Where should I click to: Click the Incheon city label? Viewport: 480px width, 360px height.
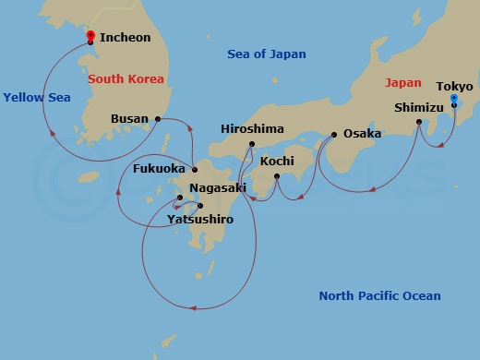pos(126,39)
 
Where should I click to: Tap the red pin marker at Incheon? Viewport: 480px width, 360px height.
pos(90,36)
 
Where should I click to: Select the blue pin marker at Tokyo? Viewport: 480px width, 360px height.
pos(453,98)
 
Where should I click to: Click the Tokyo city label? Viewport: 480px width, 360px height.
pos(455,86)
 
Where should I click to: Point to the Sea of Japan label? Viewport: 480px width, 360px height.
pos(266,54)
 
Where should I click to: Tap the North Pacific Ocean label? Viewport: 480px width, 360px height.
pos(379,296)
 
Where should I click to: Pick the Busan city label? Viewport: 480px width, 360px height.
pos(129,119)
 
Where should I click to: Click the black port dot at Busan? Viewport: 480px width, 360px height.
pos(159,119)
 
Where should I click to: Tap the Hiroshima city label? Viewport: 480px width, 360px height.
pos(252,129)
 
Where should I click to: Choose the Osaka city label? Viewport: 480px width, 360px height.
pos(362,134)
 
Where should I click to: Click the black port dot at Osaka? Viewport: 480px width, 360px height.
pos(334,135)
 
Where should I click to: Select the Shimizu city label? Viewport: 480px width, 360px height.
pos(419,107)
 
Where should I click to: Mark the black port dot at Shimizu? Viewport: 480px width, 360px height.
pos(419,122)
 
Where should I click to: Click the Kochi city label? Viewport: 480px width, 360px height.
pos(277,162)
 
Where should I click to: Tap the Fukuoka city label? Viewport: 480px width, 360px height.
pos(160,170)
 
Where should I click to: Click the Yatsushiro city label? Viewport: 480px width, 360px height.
pos(200,220)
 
